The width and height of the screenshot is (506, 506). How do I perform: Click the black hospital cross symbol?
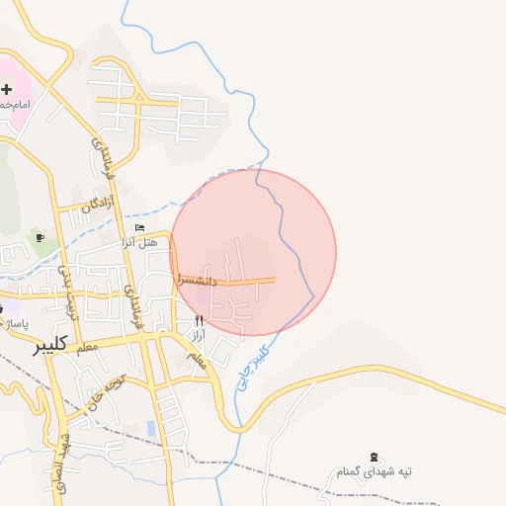[x=7, y=89]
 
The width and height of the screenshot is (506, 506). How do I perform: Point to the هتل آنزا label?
[x=145, y=242]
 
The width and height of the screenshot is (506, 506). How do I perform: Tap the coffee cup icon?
[x=40, y=237]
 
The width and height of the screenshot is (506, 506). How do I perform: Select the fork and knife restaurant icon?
[x=199, y=320]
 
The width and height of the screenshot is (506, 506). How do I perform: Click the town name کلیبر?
[x=49, y=344]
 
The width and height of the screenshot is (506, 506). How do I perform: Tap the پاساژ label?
[x=17, y=323]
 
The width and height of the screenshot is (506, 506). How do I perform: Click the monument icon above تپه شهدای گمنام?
[x=374, y=457]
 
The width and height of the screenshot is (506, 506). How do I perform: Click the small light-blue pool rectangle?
[x=150, y=428]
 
